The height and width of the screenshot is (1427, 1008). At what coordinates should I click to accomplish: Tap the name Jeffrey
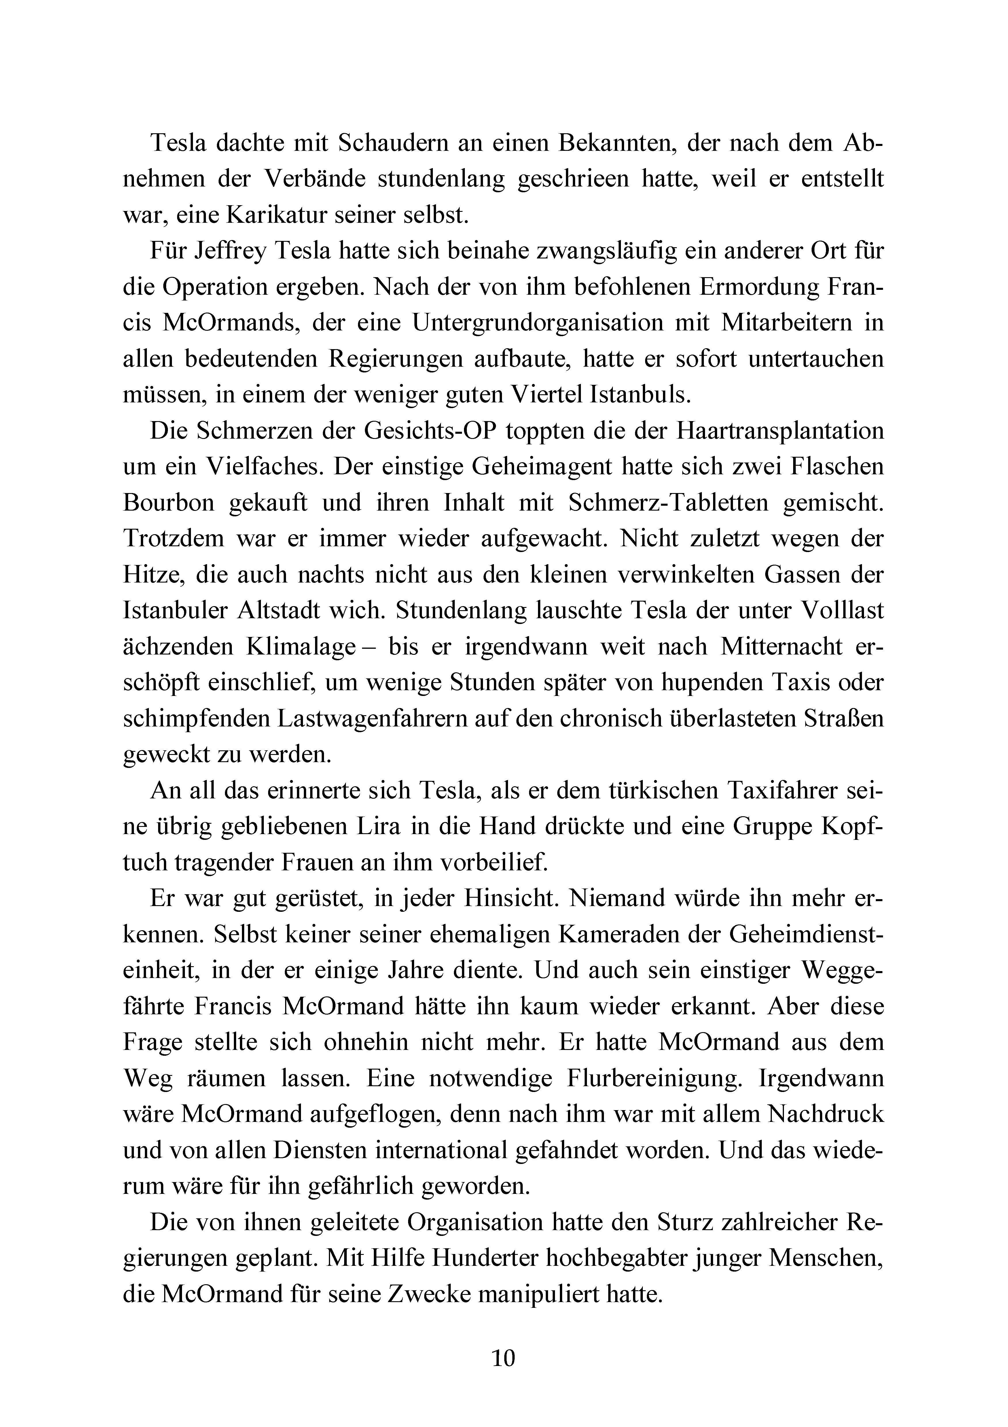tap(231, 252)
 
